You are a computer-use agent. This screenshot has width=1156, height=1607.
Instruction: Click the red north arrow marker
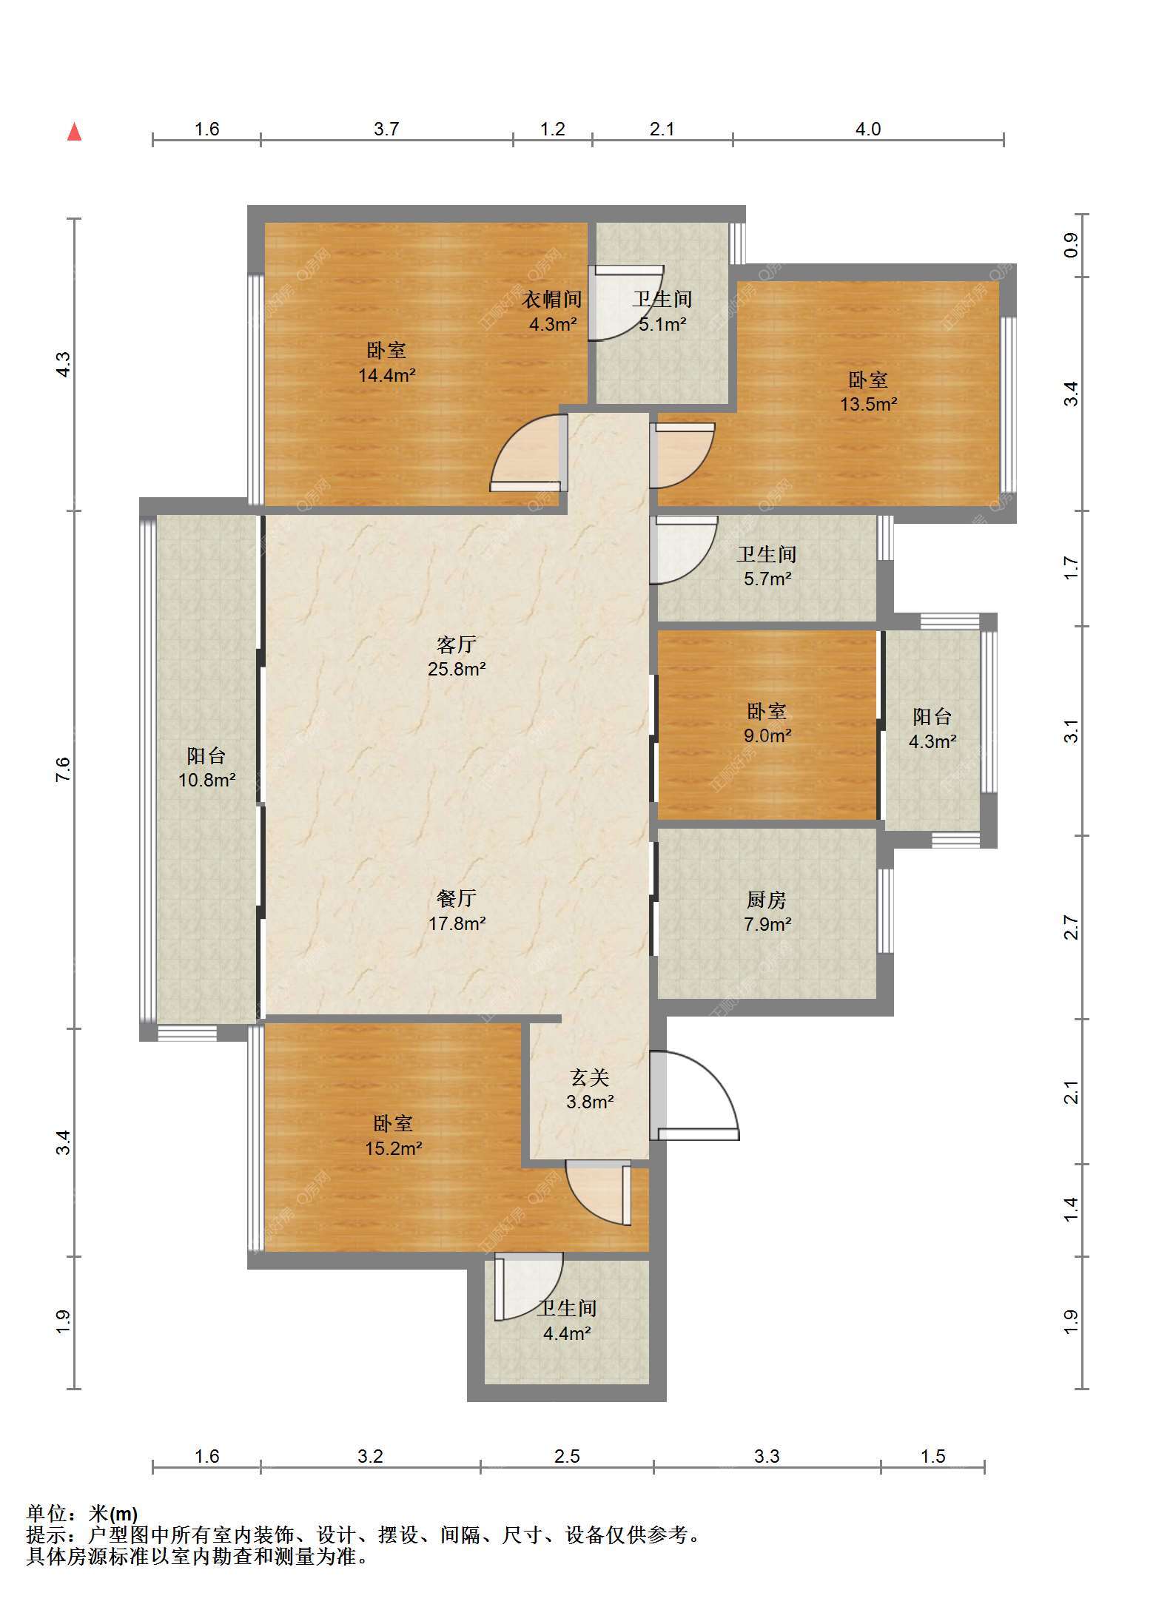[x=74, y=132]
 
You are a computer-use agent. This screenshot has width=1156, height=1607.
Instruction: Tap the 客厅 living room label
[x=457, y=644]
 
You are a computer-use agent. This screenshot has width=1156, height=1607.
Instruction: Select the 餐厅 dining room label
[x=457, y=898]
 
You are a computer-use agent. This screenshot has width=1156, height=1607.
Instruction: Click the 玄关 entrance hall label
[x=590, y=1077]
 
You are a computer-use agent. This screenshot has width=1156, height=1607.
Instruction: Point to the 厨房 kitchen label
[x=767, y=900]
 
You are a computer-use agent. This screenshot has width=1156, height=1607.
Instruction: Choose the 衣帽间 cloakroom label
[x=552, y=300]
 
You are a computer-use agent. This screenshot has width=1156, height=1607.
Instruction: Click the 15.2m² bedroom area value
[x=394, y=1148]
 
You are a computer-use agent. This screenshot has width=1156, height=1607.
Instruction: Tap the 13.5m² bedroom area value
[x=868, y=405]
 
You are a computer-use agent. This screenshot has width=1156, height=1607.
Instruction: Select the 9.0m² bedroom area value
[x=767, y=736]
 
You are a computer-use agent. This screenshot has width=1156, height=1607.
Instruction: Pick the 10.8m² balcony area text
[x=206, y=780]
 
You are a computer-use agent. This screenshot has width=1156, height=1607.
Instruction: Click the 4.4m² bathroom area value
[x=567, y=1334]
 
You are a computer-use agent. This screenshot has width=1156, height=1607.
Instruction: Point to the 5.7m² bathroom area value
[x=767, y=579]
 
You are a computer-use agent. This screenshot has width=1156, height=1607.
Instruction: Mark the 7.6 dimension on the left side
[x=64, y=769]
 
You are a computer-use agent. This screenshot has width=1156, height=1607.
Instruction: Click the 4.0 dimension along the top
[x=868, y=129]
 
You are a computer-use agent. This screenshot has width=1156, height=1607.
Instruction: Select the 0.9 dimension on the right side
[x=1071, y=245]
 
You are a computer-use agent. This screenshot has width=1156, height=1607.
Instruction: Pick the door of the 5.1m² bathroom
[x=625, y=303]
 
